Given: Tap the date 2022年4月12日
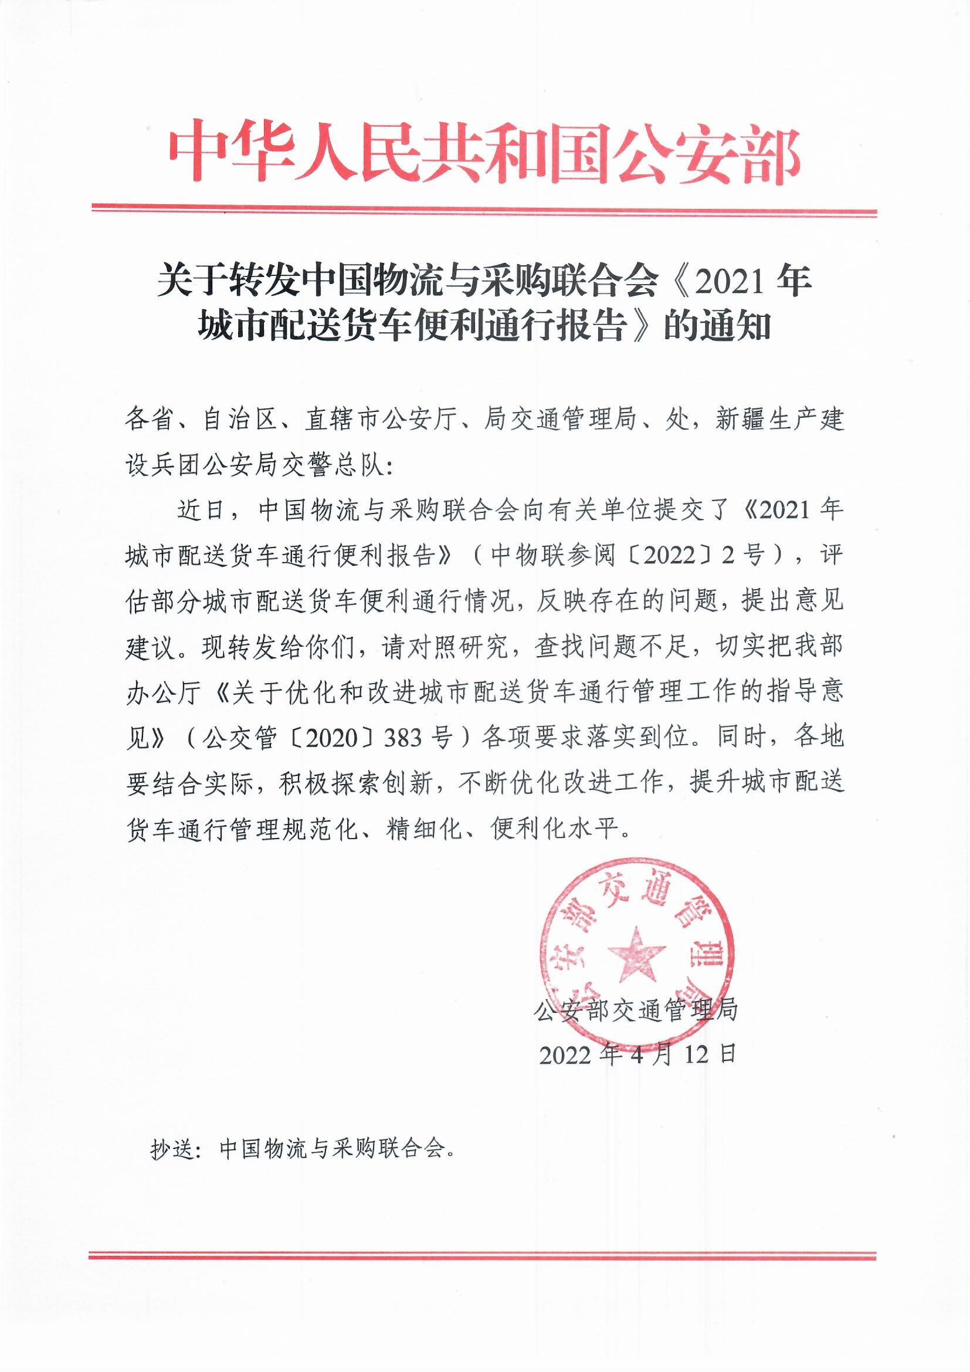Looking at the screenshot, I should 637,1055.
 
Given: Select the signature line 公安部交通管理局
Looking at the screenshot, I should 637,1010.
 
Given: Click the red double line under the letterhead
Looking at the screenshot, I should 484,210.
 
